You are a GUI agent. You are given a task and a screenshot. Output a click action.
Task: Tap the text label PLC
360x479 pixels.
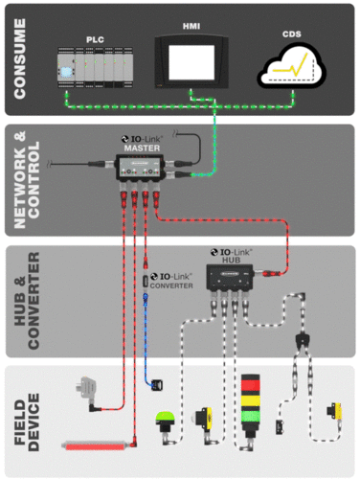click(x=93, y=39)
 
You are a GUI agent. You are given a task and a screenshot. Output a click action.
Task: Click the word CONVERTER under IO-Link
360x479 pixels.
click(x=175, y=286)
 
